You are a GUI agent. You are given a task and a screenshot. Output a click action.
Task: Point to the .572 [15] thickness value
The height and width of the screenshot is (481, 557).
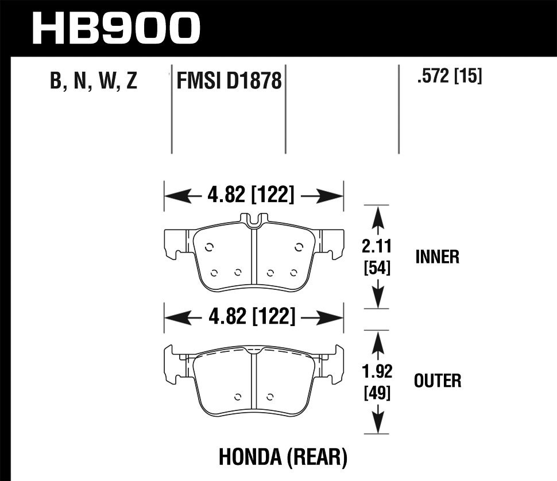(x=449, y=76)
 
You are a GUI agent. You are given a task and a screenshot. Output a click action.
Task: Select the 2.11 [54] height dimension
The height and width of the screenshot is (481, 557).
(x=377, y=257)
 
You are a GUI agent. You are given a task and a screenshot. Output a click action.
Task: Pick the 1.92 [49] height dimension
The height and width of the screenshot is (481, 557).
(x=377, y=382)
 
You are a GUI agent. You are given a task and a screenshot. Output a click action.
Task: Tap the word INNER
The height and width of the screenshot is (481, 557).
(x=438, y=257)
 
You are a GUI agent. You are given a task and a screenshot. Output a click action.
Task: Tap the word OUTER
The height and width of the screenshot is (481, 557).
(x=438, y=380)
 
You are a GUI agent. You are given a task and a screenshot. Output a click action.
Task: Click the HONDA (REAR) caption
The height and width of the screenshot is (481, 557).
(x=283, y=457)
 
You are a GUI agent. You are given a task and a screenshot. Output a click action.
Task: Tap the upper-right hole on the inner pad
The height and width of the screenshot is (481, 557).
(x=298, y=247)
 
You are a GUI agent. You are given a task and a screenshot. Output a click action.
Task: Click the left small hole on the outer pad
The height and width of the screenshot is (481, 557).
(x=238, y=395)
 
